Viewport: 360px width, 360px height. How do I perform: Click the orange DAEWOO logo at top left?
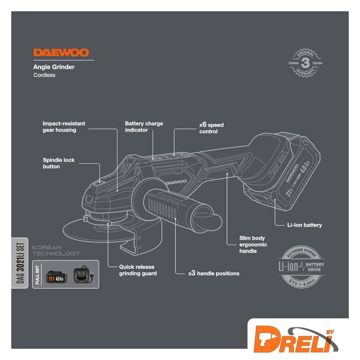(61, 53)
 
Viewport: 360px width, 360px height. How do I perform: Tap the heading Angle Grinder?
(54, 67)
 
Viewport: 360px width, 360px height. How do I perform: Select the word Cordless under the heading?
(44, 75)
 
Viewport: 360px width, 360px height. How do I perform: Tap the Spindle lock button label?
(58, 163)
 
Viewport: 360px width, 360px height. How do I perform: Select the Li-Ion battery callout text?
(304, 225)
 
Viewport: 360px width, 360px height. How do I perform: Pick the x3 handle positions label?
(214, 273)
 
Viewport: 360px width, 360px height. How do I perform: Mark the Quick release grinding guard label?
(137, 270)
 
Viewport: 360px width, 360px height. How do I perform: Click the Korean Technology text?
(56, 250)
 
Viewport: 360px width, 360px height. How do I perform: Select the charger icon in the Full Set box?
(85, 276)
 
